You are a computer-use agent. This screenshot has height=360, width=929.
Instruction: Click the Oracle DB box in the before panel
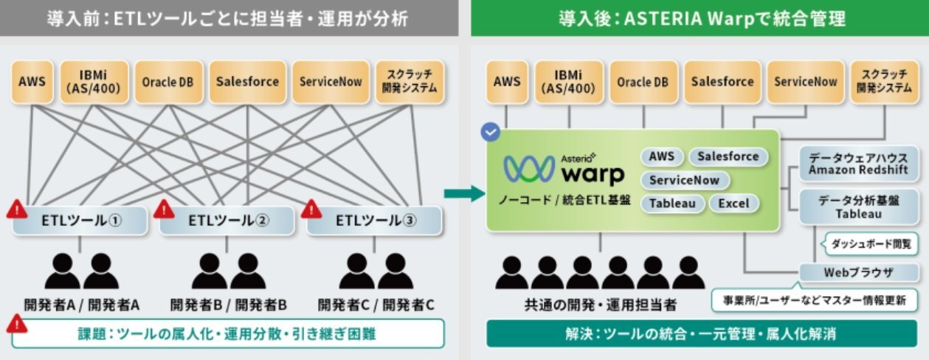coord(168,82)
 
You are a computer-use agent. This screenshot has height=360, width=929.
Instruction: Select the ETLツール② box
coord(227,221)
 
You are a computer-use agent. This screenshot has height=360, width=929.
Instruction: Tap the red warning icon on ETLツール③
coord(311,209)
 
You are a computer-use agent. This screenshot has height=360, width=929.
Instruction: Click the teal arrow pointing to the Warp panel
coord(464,193)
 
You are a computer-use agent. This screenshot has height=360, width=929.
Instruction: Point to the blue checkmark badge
coord(491,132)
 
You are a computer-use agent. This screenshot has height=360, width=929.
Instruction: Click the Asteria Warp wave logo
coord(529,169)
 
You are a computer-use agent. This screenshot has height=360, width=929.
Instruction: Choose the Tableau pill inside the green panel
coord(672,204)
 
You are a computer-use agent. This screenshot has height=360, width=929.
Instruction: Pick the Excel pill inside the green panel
coord(733,204)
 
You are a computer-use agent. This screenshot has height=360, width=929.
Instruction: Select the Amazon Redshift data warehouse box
coord(858,164)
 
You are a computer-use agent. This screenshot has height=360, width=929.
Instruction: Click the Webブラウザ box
coord(858,272)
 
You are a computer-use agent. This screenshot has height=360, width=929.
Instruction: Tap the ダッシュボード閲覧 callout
coord(870,244)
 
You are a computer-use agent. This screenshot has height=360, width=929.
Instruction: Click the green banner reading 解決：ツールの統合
coord(701,333)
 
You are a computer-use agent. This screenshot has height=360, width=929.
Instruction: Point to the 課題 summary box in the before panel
coord(228,333)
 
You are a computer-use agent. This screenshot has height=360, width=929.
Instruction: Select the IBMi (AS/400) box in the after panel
coord(569,82)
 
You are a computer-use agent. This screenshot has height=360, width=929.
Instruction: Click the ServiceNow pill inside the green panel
coord(684,181)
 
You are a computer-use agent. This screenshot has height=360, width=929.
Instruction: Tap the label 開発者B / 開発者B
coord(229,305)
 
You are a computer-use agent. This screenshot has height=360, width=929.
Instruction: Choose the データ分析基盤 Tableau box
coord(858,207)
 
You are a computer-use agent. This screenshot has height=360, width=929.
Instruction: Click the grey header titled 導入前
coord(229,18)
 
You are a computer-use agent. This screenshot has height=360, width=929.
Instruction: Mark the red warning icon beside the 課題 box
coord(16,324)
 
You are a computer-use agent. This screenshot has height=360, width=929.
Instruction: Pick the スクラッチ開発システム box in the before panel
coord(410,82)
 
